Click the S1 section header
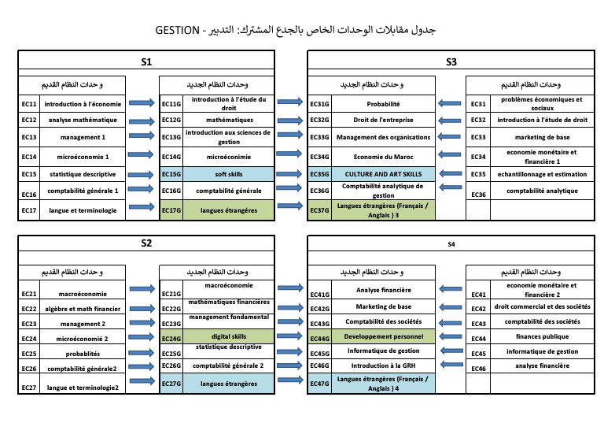[146, 61]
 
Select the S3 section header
[451, 61]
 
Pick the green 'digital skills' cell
[229, 337]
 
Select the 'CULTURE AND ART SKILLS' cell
[384, 174]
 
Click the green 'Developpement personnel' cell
[384, 337]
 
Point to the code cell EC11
[29, 103]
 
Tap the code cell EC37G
[319, 210]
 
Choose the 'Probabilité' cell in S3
[384, 103]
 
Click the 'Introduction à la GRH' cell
[384, 365]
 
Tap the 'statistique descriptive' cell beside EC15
[83, 174]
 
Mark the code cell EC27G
[171, 384]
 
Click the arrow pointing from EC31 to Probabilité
[451, 103]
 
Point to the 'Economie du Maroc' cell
[384, 156]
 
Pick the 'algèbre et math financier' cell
[83, 309]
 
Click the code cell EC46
[478, 366]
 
